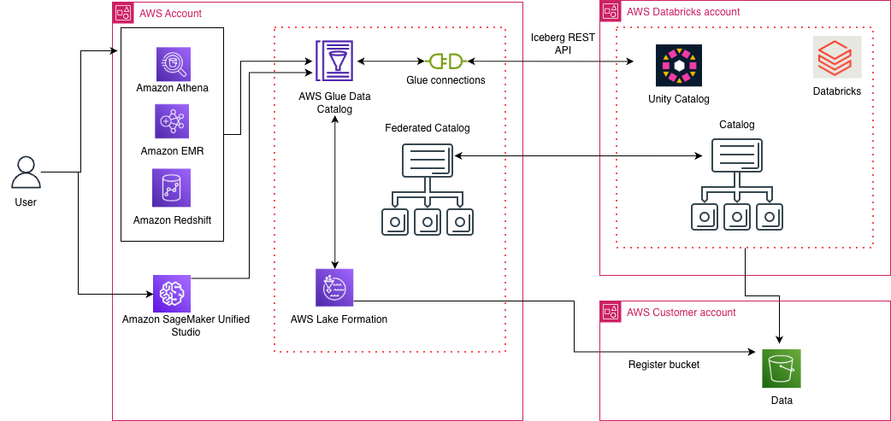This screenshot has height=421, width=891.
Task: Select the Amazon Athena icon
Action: coord(172,63)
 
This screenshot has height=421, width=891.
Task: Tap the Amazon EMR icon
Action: coord(172,122)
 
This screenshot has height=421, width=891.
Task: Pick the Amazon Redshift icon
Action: coord(172,188)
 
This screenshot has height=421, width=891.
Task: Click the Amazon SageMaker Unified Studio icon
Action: coord(172,293)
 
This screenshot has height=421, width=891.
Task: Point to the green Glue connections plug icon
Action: coord(445,61)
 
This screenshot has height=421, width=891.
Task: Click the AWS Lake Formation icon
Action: coord(333,288)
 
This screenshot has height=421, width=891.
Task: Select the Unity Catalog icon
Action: coord(678,65)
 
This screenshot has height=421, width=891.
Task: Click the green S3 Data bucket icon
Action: coord(782,368)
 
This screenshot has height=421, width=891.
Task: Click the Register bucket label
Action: coord(664,365)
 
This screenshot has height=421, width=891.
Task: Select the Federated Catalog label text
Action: coord(428,128)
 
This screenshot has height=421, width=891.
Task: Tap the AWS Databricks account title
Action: coord(683,12)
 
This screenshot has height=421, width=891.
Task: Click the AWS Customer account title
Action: coord(681,312)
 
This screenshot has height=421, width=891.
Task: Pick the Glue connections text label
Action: coord(445,80)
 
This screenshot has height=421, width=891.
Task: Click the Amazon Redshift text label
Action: coord(172,220)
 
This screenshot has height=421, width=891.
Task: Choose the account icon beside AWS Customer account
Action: coord(611,312)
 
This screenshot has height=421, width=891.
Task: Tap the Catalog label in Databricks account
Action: coord(736,125)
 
